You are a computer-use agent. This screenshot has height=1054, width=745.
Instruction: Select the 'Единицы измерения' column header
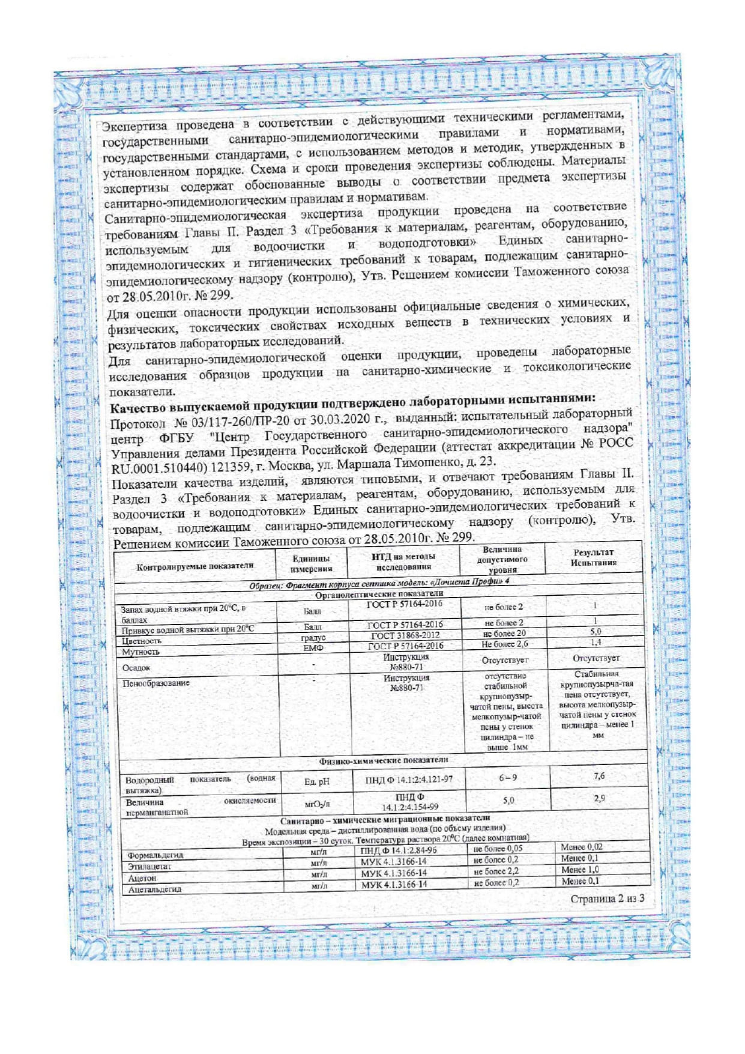[x=311, y=563]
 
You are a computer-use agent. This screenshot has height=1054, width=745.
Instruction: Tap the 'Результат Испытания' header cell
[x=594, y=557]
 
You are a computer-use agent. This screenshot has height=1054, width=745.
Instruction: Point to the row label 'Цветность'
[x=142, y=641]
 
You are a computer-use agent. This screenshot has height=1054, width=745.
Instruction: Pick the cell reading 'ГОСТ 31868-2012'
[x=405, y=635]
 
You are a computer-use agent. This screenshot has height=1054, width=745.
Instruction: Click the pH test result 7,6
[x=599, y=776]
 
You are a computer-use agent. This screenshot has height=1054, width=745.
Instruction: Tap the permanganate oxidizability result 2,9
[x=599, y=798]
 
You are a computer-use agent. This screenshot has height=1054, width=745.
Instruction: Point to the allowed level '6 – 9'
[x=508, y=778]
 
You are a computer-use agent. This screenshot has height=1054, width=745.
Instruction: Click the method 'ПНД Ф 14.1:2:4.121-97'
[x=409, y=780]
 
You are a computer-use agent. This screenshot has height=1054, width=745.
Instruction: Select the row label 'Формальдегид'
[x=155, y=855]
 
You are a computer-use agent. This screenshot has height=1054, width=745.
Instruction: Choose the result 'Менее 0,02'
[x=581, y=847]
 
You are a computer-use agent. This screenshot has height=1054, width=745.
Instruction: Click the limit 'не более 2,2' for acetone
[x=496, y=871]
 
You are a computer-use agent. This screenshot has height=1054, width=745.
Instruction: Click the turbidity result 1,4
[x=596, y=643]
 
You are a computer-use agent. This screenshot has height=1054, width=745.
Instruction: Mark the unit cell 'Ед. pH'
[x=316, y=781]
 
